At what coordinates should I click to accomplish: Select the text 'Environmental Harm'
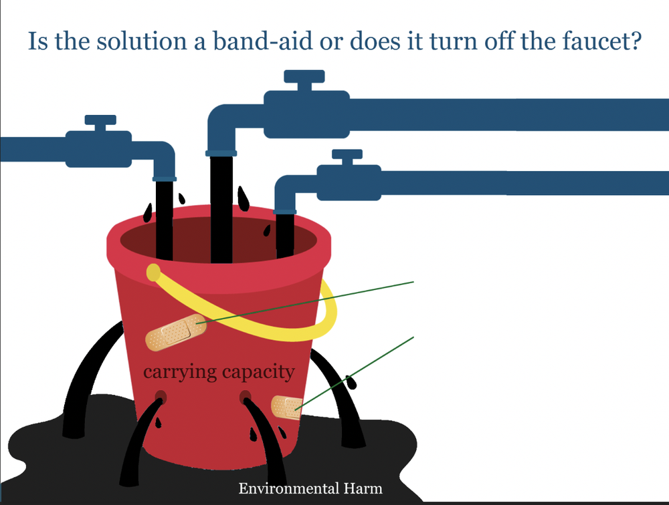click(310, 488)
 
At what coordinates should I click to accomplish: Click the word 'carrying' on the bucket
click(177, 371)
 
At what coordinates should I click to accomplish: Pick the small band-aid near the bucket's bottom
click(286, 407)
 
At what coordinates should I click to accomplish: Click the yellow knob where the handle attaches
click(153, 272)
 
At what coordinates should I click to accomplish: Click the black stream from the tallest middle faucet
click(221, 207)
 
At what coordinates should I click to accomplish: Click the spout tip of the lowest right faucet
click(285, 211)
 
